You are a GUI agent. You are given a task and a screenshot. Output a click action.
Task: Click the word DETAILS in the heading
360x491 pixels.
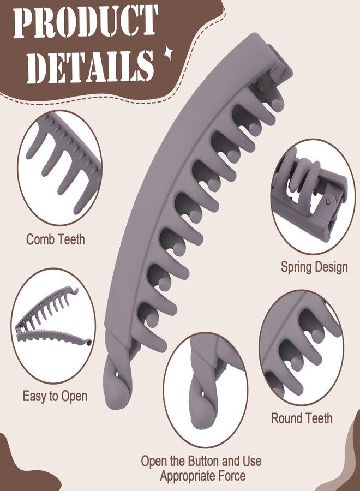(90, 67)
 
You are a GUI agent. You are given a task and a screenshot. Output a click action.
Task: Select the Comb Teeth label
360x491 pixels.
(56, 239)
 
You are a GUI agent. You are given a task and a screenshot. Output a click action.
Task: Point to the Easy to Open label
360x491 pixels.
(55, 396)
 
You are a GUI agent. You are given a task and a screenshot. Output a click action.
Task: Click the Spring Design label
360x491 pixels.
(314, 267)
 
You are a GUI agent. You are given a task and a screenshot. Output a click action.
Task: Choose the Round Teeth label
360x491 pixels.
(302, 418)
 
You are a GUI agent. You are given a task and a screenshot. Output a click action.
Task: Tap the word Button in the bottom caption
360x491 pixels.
(203, 461)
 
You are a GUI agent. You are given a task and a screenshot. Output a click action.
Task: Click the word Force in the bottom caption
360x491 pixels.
(232, 476)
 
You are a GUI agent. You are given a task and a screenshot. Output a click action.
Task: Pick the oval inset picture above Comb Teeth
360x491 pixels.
(59, 168)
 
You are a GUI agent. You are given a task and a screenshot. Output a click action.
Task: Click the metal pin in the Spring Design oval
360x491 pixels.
(328, 201)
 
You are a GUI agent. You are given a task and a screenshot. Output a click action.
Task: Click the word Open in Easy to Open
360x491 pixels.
(74, 397)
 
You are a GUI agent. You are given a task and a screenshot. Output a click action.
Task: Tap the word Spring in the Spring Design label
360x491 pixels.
(296, 267)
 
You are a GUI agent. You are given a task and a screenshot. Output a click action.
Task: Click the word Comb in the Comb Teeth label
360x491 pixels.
(38, 239)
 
